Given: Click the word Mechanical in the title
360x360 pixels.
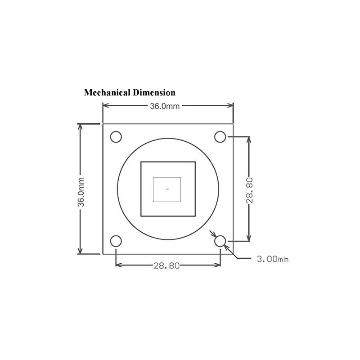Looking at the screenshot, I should [x=107, y=93].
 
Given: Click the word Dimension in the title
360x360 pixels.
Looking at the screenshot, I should [x=153, y=93].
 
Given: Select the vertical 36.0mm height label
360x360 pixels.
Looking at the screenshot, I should [x=81, y=189].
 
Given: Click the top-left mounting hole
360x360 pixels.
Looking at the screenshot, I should [x=116, y=136].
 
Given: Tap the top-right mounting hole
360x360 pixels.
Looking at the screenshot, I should [x=220, y=136].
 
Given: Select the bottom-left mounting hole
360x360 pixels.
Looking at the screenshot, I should [x=116, y=241].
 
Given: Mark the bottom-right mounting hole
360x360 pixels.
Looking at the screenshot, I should [x=220, y=241].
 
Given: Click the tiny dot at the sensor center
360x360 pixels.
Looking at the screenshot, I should [x=167, y=189].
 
